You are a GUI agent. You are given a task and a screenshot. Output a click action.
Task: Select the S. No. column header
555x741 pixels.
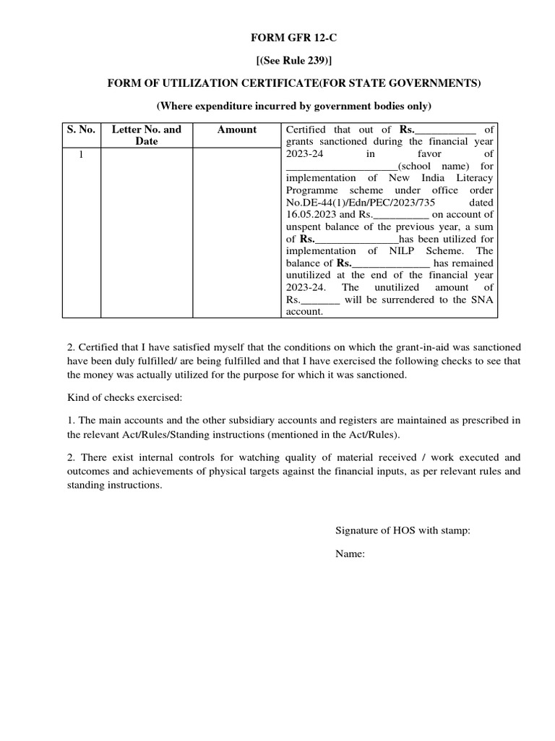[81, 130]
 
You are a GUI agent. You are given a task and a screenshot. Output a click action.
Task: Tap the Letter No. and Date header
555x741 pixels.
[146, 135]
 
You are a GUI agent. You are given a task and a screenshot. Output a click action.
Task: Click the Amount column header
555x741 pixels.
[236, 130]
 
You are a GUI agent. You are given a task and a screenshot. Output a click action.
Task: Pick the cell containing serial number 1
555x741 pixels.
[81, 154]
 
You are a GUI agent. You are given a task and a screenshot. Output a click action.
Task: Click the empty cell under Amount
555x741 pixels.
[236, 232]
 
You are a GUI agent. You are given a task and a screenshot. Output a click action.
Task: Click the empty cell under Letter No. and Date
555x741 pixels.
[146, 232]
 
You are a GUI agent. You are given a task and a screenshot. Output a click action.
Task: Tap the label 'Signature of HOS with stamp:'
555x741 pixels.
[403, 530]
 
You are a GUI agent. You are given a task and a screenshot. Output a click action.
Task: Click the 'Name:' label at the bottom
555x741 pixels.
[350, 554]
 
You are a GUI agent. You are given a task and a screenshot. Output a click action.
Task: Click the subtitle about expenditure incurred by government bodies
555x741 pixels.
[293, 106]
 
